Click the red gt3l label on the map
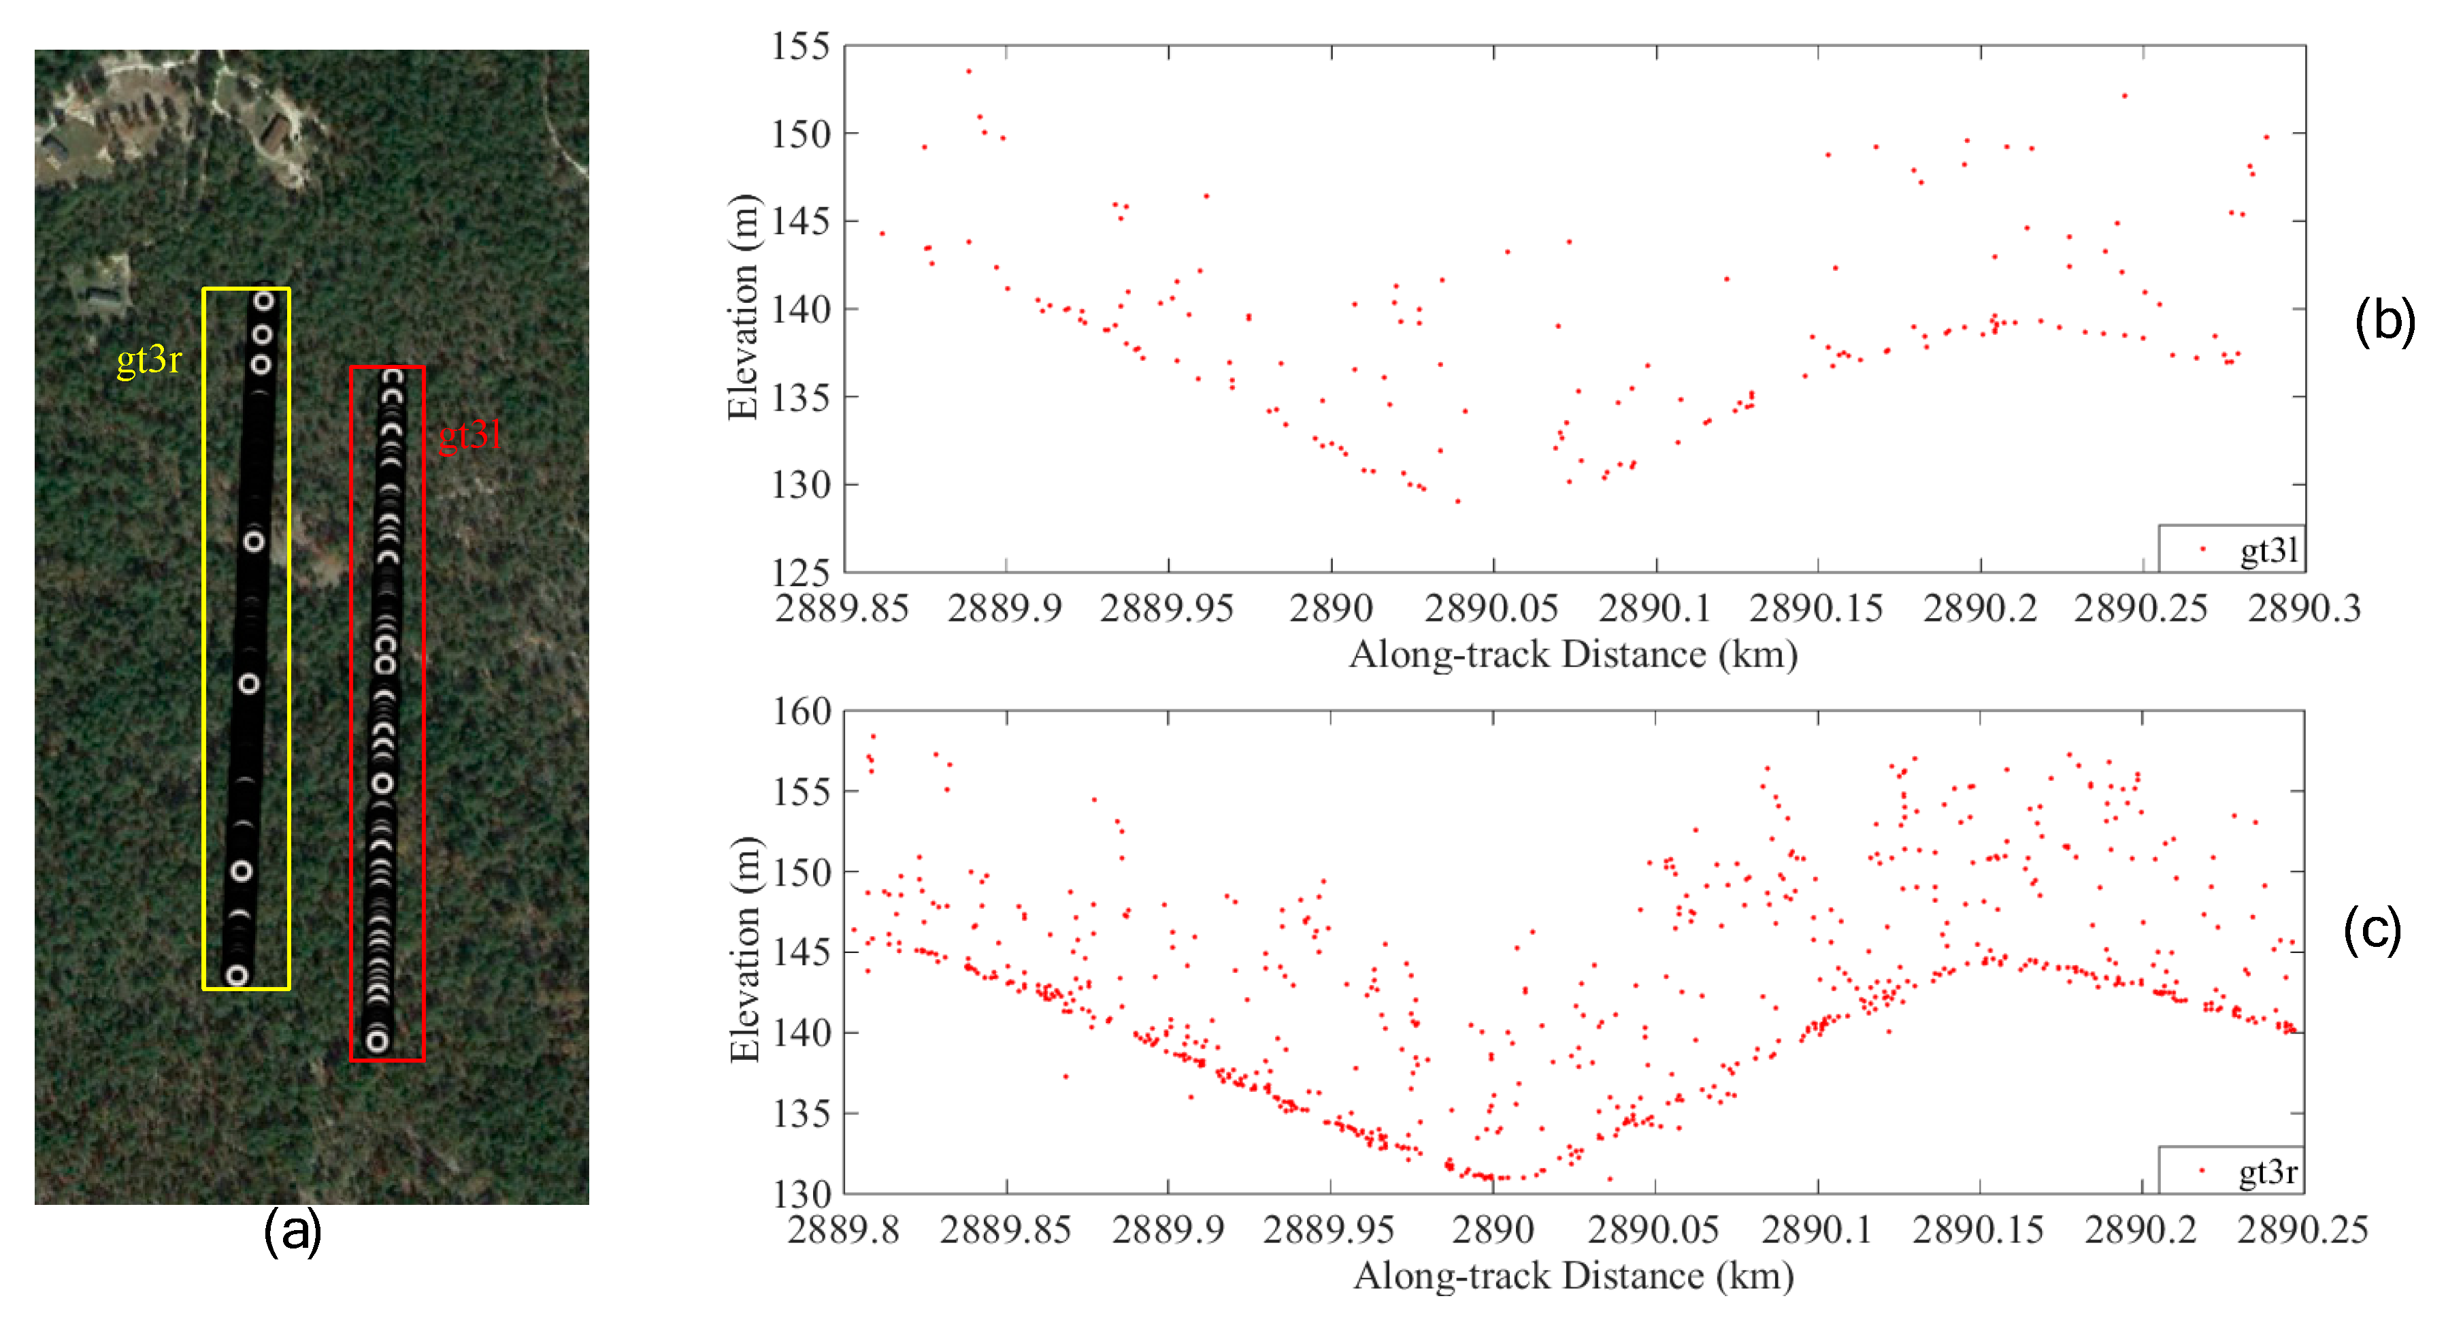(469, 435)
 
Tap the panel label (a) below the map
(293, 1231)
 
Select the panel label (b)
(2384, 321)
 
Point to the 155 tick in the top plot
(800, 46)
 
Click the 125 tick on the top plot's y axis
(800, 572)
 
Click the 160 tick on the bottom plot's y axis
(802, 711)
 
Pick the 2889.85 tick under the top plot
(842, 608)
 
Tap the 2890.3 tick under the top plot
(2304, 608)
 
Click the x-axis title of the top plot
(1573, 654)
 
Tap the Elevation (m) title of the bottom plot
(746, 950)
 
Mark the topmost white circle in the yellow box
(263, 301)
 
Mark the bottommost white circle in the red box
(378, 1041)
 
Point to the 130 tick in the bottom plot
(802, 1193)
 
